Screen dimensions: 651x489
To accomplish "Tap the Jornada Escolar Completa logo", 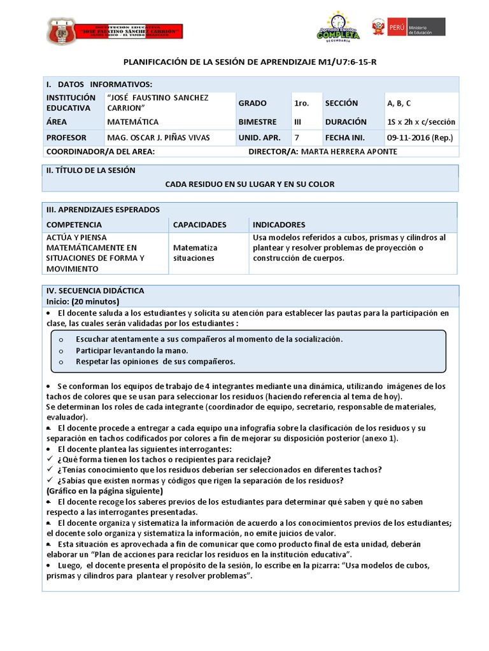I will pyautogui.click(x=338, y=27).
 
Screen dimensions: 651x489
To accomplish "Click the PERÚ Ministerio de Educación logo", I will pyautogui.click(x=409, y=27).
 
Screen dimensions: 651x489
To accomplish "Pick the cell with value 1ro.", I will pyautogui.click(x=302, y=103).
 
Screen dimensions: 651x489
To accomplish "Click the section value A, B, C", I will pyautogui.click(x=399, y=103).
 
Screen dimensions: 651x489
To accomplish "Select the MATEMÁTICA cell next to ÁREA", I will pyautogui.click(x=133, y=121).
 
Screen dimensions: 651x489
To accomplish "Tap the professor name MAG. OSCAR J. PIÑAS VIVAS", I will pyautogui.click(x=158, y=137).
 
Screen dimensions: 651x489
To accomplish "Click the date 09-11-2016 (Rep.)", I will pyautogui.click(x=416, y=137).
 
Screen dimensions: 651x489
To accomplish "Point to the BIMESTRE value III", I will pyautogui.click(x=298, y=121).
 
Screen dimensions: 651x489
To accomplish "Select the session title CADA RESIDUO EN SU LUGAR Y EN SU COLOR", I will pyautogui.click(x=250, y=184).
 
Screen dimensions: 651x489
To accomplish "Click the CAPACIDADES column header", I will pyautogui.click(x=199, y=224).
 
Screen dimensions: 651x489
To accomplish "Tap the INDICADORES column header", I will pyautogui.click(x=279, y=224).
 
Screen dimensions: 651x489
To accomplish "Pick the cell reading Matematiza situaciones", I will pyautogui.click(x=195, y=253).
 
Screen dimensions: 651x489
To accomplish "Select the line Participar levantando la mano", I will pyautogui.click(x=132, y=350).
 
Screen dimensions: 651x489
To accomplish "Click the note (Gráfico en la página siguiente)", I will pyautogui.click(x=104, y=491).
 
